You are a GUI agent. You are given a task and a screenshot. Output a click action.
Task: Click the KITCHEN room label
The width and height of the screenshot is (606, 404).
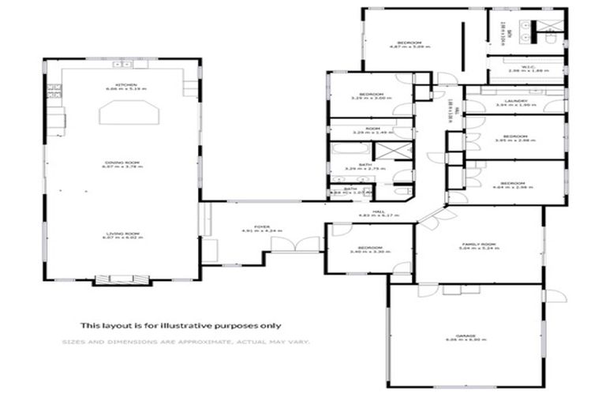coord(126,86)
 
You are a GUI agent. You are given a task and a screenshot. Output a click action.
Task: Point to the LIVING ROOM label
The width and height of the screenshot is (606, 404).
coord(122,235)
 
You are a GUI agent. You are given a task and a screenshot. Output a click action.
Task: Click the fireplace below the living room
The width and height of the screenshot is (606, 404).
coord(122,279)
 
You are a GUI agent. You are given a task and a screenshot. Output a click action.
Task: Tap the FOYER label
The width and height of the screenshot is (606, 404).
coord(262,229)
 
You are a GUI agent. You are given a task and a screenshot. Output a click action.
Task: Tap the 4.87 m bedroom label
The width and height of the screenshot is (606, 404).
coord(408,44)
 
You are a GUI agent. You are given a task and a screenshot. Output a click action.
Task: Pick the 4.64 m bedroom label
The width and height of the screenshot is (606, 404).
coord(513,185)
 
